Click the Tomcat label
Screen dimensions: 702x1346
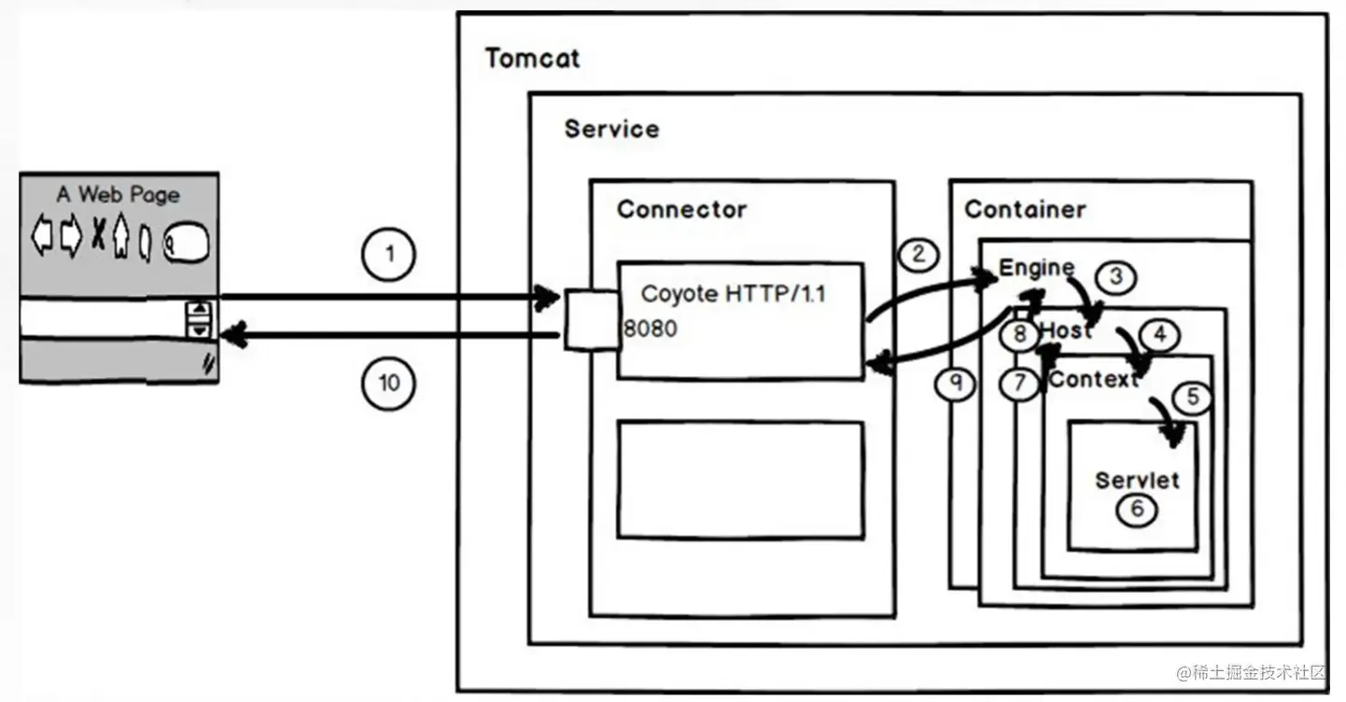pos(532,59)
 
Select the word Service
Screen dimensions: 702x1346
pos(611,129)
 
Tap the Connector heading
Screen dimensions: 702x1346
pos(681,209)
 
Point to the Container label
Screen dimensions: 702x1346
pos(1025,209)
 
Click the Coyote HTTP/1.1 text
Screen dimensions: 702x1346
pos(734,294)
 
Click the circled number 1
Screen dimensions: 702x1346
pos(390,254)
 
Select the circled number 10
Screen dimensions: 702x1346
pos(390,383)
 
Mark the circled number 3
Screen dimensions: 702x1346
pos(1117,276)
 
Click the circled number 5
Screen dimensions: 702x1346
pos(1192,398)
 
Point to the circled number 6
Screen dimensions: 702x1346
pos(1137,509)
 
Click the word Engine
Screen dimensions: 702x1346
pos(1036,268)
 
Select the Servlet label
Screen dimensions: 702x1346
pos(1137,480)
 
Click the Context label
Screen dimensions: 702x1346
pos(1093,380)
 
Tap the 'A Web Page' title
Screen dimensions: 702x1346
pos(119,194)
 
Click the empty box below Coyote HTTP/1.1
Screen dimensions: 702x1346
pos(740,480)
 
